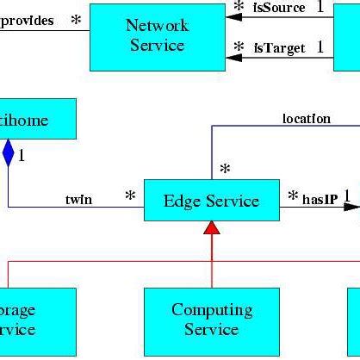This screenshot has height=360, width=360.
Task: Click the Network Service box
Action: click(x=157, y=35)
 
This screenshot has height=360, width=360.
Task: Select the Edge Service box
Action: click(x=211, y=201)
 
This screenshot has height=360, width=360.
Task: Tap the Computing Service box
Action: click(x=211, y=320)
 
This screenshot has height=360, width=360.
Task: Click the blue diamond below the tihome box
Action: click(x=9, y=152)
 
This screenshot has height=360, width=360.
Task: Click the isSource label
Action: click(x=279, y=8)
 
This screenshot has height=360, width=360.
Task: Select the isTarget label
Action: click(x=278, y=48)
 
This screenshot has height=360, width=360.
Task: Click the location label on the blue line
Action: click(x=306, y=119)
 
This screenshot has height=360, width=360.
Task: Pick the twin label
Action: click(x=79, y=200)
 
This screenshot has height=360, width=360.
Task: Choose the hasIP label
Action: click(x=319, y=199)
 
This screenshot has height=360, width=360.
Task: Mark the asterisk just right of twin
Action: click(x=130, y=197)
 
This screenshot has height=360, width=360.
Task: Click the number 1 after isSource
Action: click(x=320, y=7)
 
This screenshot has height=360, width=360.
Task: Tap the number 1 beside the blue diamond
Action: click(x=22, y=157)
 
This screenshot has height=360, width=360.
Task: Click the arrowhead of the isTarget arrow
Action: click(x=232, y=58)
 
